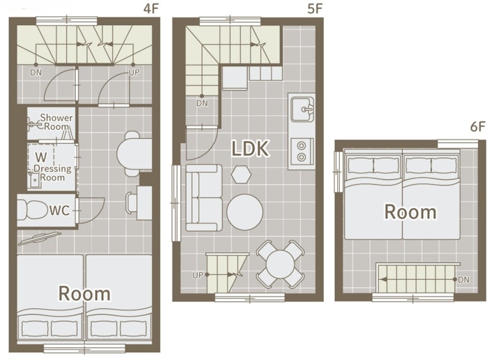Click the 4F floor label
[x=151, y=8]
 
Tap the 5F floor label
[x=315, y=8]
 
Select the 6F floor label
[x=478, y=127]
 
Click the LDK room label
[x=250, y=149]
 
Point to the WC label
[x=59, y=211]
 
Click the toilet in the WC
[x=31, y=210]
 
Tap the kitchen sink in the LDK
[x=302, y=110]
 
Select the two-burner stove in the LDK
[x=302, y=151]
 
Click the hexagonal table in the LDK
[x=241, y=174]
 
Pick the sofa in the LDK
[x=204, y=197]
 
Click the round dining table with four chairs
[x=280, y=264]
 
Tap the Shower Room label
[x=56, y=122]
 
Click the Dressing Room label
[x=52, y=173]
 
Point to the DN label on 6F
[x=463, y=280]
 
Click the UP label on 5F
[x=198, y=275]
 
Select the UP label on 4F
[x=134, y=73]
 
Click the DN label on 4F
[x=36, y=73]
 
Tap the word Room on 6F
[x=410, y=212]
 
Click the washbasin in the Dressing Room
[x=34, y=181]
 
